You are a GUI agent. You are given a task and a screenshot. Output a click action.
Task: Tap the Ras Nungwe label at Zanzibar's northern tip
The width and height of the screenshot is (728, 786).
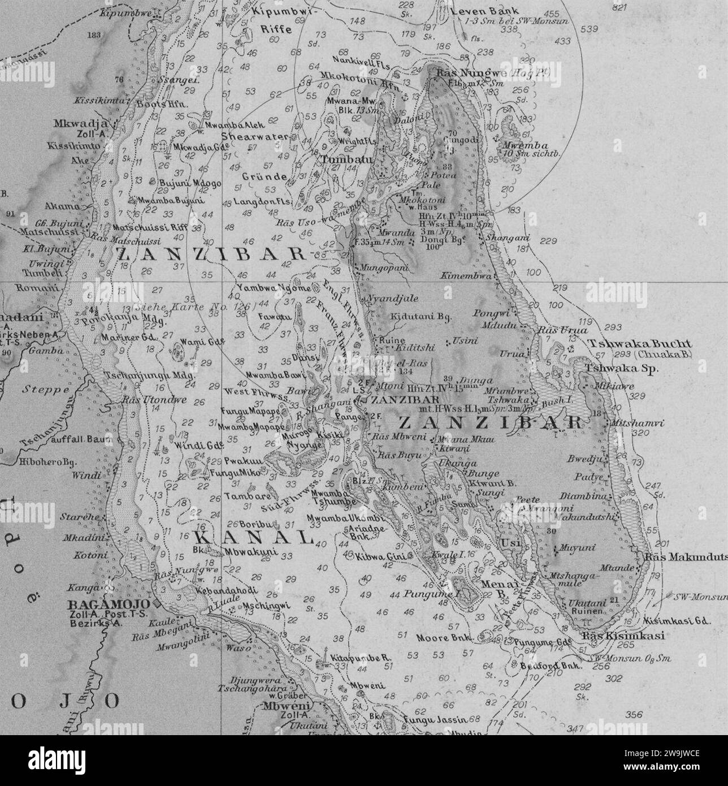462,73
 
